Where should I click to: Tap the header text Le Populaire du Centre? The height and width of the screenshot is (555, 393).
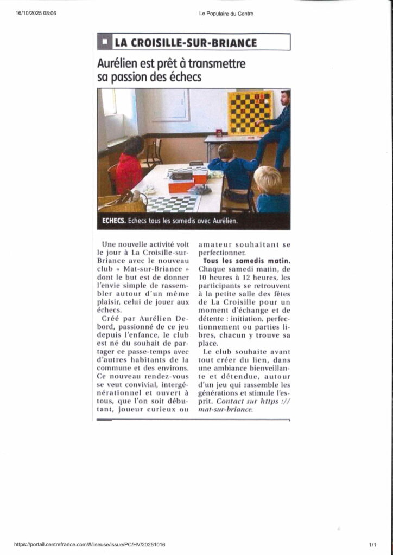(226, 14)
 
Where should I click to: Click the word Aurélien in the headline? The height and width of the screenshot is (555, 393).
(120, 64)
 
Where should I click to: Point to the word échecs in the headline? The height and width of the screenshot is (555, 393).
(183, 77)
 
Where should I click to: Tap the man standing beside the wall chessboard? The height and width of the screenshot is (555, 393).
(277, 130)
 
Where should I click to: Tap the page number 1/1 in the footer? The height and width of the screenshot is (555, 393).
(373, 544)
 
